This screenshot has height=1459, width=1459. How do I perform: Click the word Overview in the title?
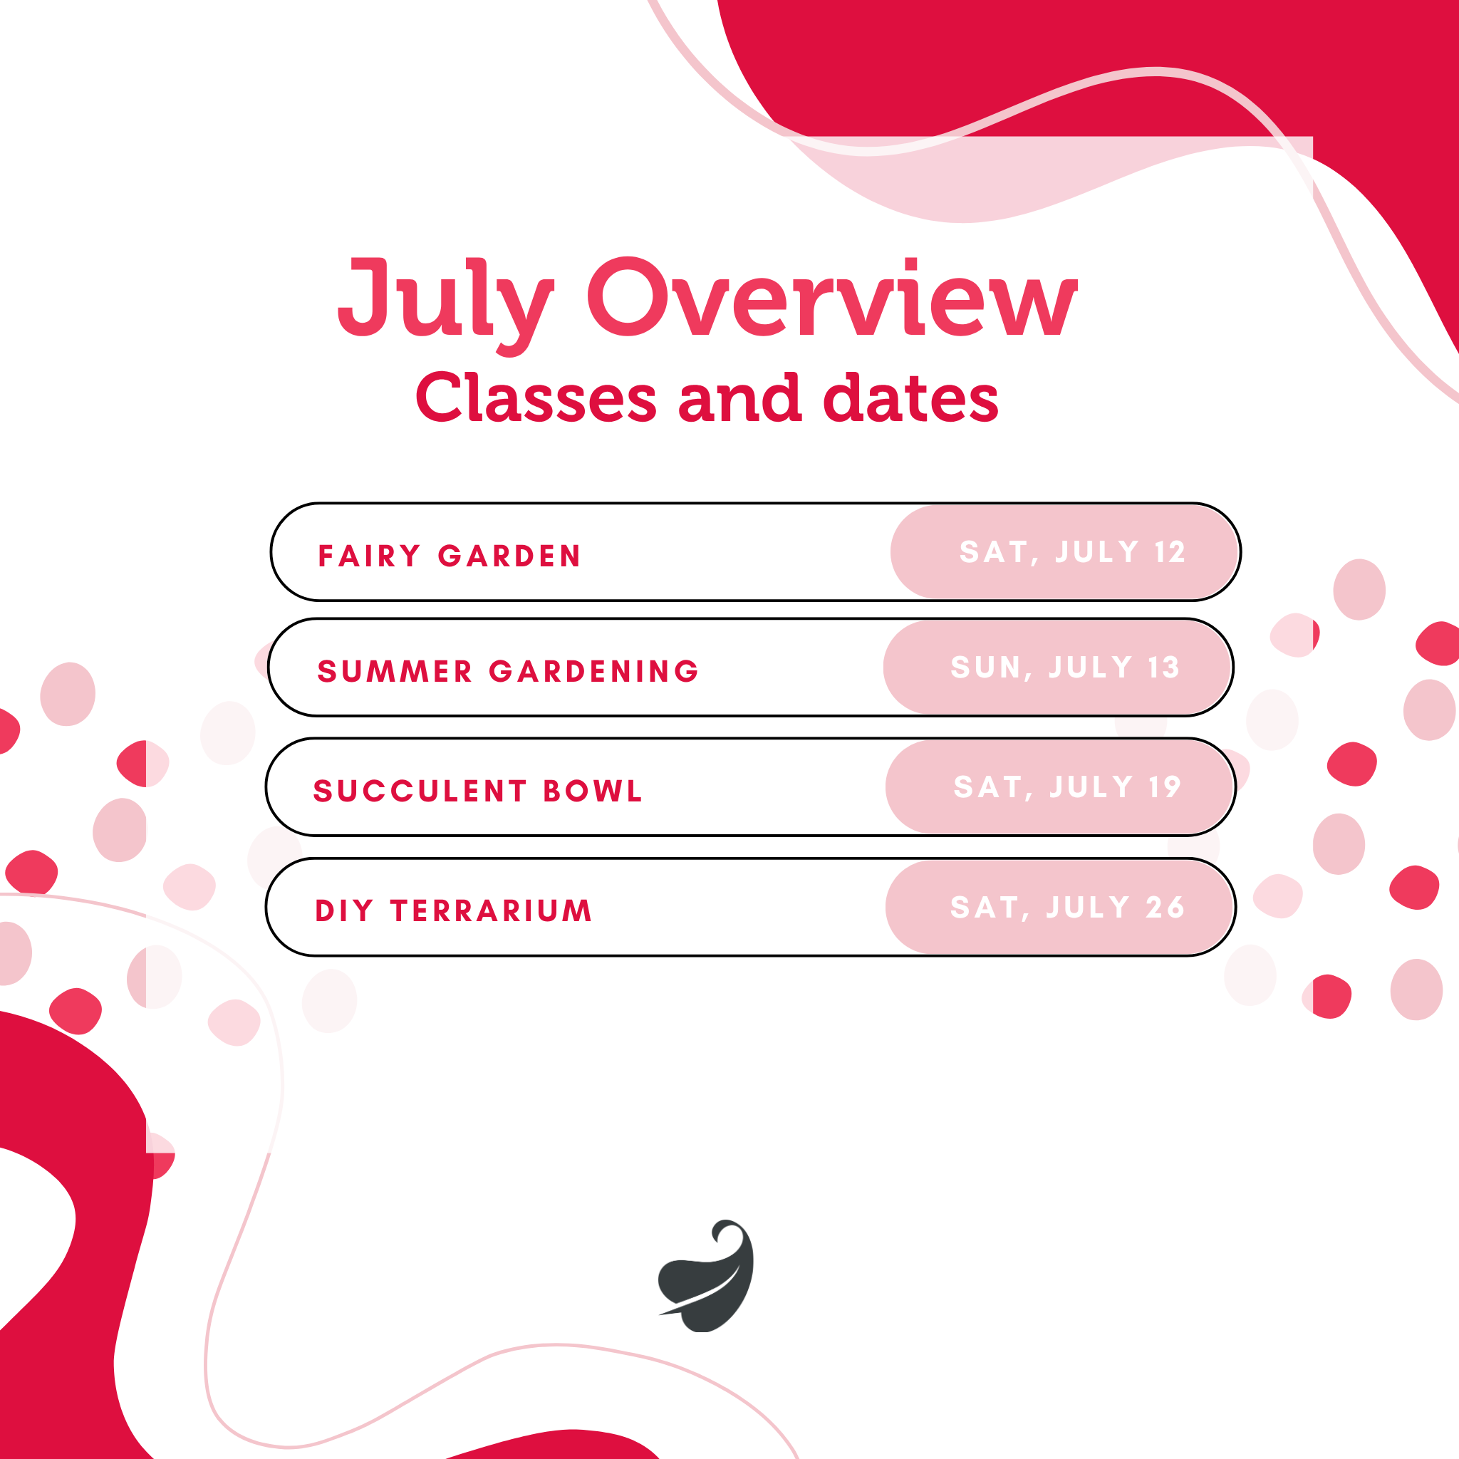pos(832,296)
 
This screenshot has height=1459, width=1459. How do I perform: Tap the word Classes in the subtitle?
pos(536,398)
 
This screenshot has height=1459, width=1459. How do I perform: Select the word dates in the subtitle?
pos(910,398)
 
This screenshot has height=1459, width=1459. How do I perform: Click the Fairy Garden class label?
pos(450,556)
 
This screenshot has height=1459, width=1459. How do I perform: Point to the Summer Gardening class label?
pos(508,671)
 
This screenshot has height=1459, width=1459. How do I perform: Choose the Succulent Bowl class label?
pos(477,791)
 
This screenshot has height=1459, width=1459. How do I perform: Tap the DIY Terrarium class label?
pos(453,910)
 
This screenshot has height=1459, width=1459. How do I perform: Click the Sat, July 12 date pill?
pos(1065,552)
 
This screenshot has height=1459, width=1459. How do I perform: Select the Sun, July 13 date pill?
pos(1058,668)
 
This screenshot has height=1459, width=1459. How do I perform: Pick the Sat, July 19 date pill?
pos(1060,787)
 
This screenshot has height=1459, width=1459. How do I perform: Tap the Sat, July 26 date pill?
pos(1060,907)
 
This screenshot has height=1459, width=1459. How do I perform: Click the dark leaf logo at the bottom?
pos(707,1276)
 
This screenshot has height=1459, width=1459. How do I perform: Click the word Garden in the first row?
pos(510,556)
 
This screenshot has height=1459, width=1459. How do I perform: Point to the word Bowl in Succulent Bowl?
pos(593,791)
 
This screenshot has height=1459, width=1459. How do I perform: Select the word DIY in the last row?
pos(343,910)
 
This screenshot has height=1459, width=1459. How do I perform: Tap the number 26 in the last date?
pos(1165,907)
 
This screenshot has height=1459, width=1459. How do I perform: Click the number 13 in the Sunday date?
pos(1164,668)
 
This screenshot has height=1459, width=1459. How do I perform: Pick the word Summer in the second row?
pos(395,671)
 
